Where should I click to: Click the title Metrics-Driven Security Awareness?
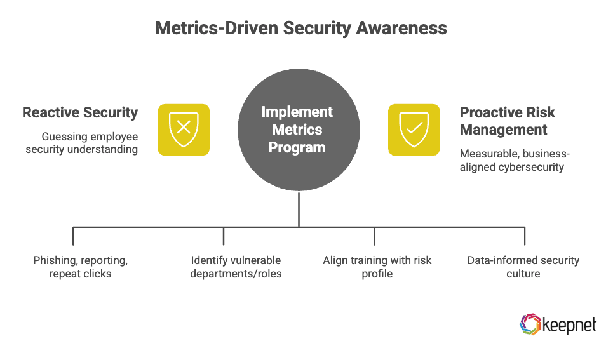pos(300,29)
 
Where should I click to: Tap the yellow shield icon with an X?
pos(184,130)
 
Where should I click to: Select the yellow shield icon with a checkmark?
pos(414,130)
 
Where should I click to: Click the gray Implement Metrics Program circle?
pos(299,130)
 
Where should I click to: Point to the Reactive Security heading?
pos(80,113)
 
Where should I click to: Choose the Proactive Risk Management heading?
pos(507,121)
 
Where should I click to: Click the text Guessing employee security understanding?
pos(81,143)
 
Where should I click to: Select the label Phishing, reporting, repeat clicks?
pos(81,267)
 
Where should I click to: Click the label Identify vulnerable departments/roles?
pos(236,267)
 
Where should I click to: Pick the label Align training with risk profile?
pos(377,267)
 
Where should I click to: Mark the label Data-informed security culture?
pos(523,267)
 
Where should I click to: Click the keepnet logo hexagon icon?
pos(530,324)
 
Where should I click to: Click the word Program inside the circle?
pos(297,148)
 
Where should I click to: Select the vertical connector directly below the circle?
pos(299,209)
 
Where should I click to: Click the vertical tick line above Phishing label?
pos(73,236)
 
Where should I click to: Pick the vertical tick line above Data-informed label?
pos(525,236)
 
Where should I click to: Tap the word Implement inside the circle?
pos(297,112)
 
